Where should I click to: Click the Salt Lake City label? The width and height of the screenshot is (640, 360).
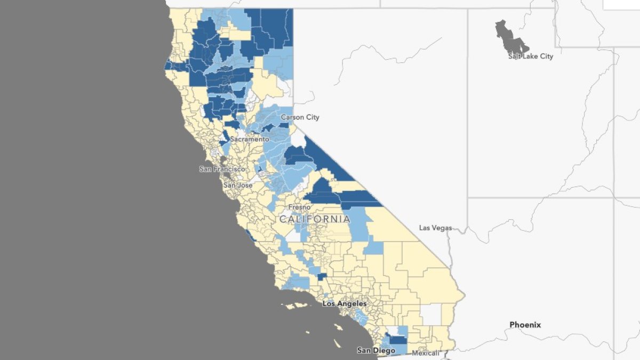tap(531, 56)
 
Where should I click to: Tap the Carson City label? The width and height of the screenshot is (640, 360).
tap(300, 117)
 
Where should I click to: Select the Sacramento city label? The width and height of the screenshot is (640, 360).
tap(250, 139)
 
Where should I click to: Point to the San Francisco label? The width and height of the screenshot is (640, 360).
tap(222, 169)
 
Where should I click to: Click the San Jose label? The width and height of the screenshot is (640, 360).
tap(238, 185)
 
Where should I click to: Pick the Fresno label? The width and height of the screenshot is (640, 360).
tap(299, 207)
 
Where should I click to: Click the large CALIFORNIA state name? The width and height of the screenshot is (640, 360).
tap(315, 219)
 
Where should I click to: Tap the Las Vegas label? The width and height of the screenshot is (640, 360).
tap(435, 228)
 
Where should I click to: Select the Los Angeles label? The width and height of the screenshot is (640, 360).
tap(345, 303)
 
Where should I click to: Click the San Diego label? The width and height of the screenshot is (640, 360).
tap(376, 350)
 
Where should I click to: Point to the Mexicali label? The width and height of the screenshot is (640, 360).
tap(426, 353)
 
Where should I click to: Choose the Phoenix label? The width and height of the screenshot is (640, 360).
tap(525, 324)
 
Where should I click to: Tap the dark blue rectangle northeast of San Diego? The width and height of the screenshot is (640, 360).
tap(398, 340)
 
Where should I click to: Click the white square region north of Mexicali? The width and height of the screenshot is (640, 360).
tap(431, 314)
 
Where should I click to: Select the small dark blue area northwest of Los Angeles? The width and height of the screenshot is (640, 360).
tap(322, 277)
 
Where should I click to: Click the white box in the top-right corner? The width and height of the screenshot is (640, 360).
tap(621, 4)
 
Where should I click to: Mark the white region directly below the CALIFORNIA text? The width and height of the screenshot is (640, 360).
tap(293, 235)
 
